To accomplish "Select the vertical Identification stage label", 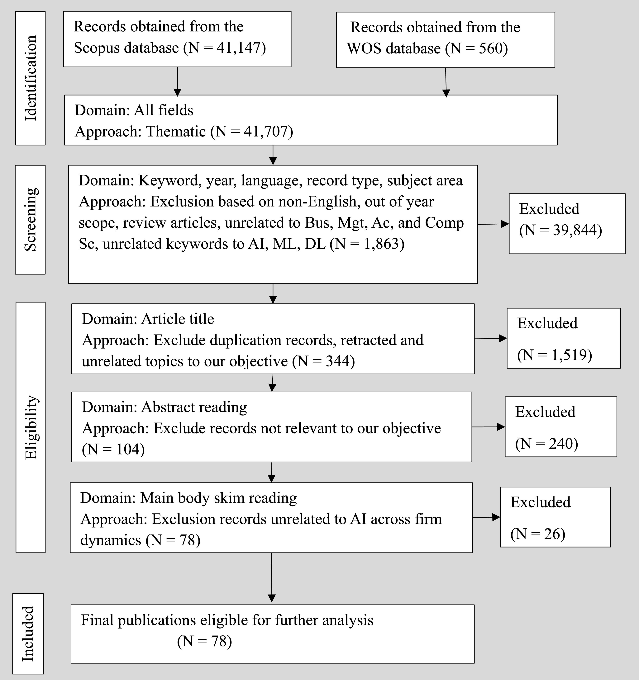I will pos(31,78).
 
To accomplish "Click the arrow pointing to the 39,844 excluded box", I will pos(493,224).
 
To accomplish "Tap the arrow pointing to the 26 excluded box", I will pos(486,518).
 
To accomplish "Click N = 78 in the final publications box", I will pos(204,641).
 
